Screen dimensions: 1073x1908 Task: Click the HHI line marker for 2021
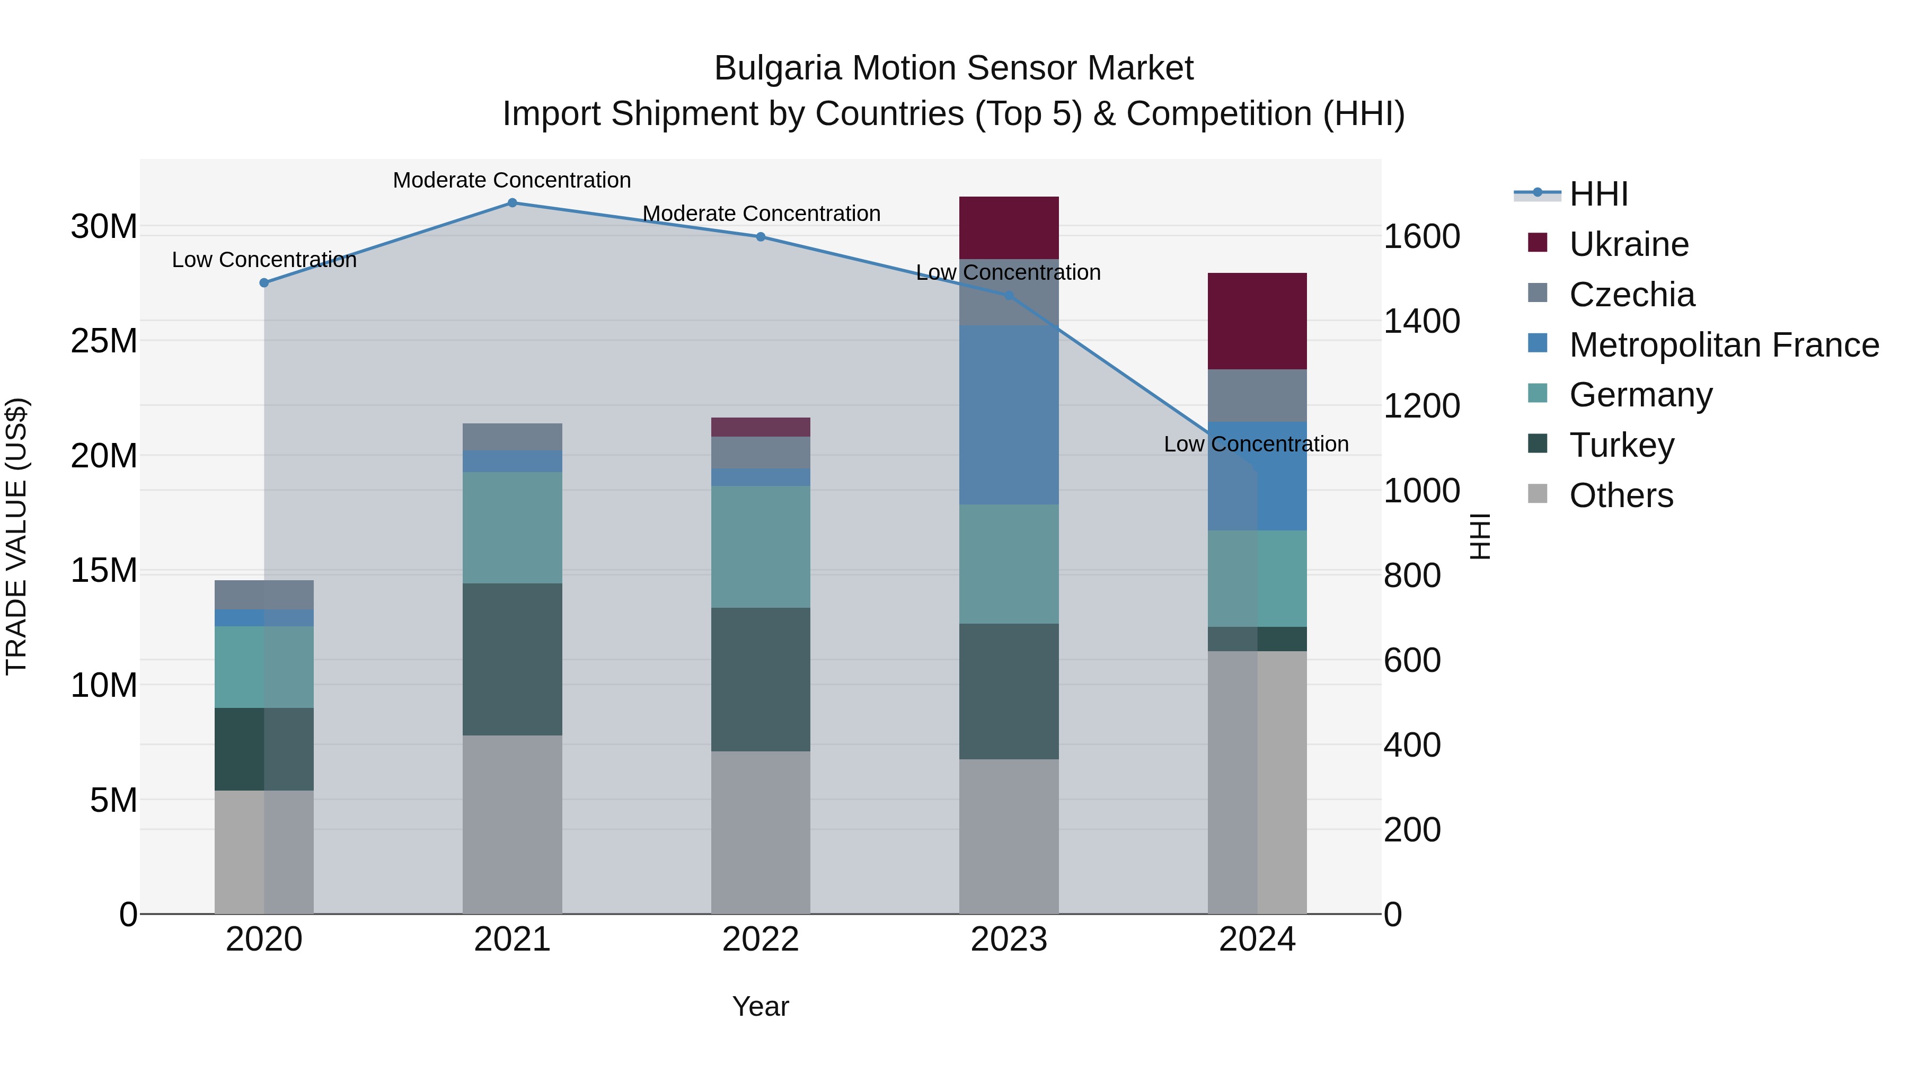click(512, 203)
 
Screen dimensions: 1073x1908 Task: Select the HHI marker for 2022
click(761, 237)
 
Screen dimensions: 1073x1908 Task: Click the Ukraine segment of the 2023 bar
click(1009, 227)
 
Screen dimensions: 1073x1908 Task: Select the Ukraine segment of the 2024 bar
click(1257, 321)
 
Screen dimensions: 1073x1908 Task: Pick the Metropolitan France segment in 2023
click(1009, 415)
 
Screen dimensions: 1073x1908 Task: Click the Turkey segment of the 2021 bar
click(512, 659)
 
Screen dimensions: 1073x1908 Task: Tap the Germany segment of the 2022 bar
click(761, 546)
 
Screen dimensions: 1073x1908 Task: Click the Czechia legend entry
click(1632, 295)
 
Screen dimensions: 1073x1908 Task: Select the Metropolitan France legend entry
click(1724, 345)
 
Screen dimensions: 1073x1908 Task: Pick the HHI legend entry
click(1598, 194)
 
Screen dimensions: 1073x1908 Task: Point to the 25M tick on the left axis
click(104, 341)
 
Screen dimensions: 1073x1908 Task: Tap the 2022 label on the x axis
click(761, 939)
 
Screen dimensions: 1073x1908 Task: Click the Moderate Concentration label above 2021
click(512, 180)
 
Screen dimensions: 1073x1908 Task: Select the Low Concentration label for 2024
click(1256, 445)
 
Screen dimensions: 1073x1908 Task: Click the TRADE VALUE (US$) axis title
click(17, 536)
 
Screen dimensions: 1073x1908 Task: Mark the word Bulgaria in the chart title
click(778, 69)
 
